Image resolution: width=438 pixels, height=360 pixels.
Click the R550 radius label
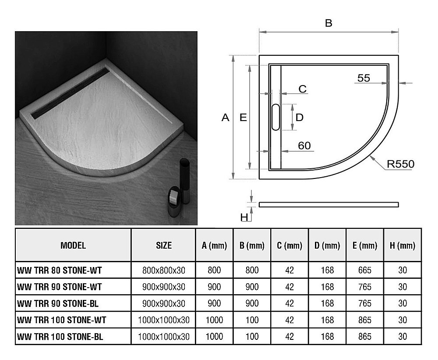400,164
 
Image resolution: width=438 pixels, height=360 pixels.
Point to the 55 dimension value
364,78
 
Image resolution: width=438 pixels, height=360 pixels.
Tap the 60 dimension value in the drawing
304,145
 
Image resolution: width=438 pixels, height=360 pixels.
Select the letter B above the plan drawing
328,24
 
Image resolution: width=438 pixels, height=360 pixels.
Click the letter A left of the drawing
226,118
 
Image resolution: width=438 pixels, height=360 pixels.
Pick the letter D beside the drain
300,117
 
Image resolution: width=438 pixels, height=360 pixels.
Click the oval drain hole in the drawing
276,117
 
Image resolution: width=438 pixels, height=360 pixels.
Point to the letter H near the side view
244,217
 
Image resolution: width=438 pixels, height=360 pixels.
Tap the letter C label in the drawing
303,89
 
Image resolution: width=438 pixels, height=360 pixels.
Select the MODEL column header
73,245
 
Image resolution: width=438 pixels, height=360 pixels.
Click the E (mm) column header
364,246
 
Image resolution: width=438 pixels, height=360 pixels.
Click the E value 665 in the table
364,270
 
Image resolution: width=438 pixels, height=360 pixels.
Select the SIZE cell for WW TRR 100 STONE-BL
164,337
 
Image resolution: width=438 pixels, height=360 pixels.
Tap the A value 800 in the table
214,270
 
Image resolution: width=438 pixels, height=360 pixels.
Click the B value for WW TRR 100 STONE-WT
252,320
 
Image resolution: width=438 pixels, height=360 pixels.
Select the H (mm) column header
402,246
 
